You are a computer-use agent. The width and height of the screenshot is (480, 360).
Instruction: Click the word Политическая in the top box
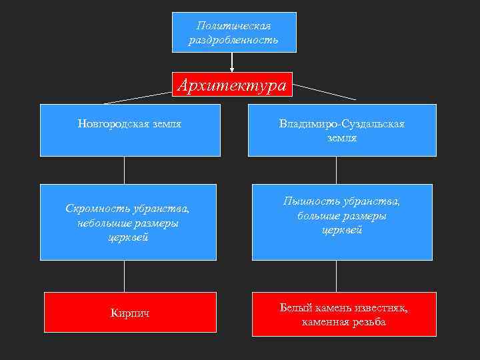(234, 25)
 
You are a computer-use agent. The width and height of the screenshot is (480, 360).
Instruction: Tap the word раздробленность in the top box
(234, 40)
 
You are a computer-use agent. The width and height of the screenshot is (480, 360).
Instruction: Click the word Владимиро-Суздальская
(342, 124)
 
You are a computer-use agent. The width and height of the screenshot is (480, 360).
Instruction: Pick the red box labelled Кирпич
(130, 313)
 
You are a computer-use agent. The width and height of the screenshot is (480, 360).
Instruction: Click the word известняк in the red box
(379, 308)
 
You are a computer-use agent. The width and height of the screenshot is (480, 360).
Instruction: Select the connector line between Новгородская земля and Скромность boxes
(125, 170)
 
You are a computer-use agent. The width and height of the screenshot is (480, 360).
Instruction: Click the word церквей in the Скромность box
(127, 237)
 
